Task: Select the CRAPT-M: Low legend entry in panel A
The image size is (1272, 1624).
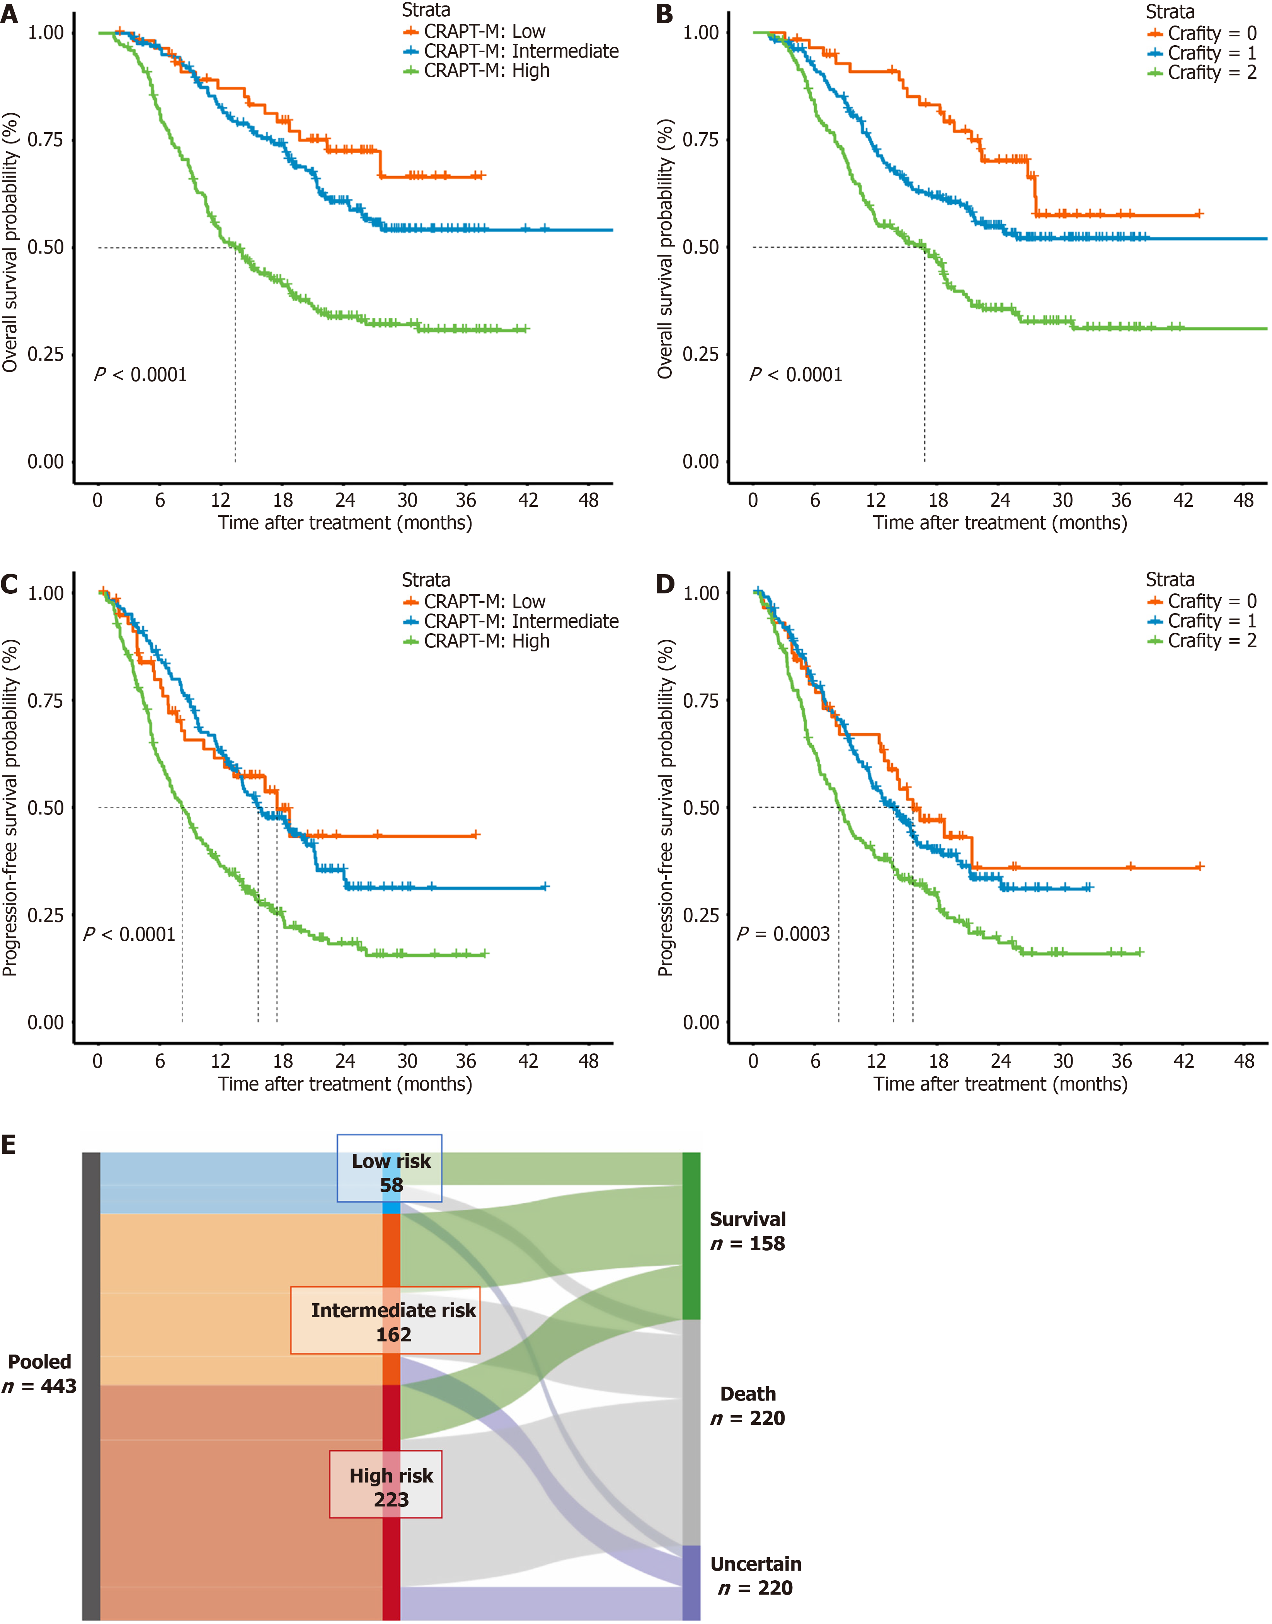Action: click(x=474, y=31)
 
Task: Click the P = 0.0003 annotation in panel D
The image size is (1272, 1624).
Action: click(x=783, y=934)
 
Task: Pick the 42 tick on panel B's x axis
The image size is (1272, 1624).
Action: click(x=1183, y=500)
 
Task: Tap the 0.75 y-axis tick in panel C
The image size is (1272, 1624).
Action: click(x=46, y=700)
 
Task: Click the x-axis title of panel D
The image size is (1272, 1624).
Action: click(x=1000, y=1084)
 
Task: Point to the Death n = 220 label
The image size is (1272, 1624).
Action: click(x=748, y=1406)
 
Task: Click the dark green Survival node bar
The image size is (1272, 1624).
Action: click(x=691, y=1236)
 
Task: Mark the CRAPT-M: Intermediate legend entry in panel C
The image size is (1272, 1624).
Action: click(x=511, y=621)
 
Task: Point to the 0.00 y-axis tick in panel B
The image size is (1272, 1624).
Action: click(x=701, y=462)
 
